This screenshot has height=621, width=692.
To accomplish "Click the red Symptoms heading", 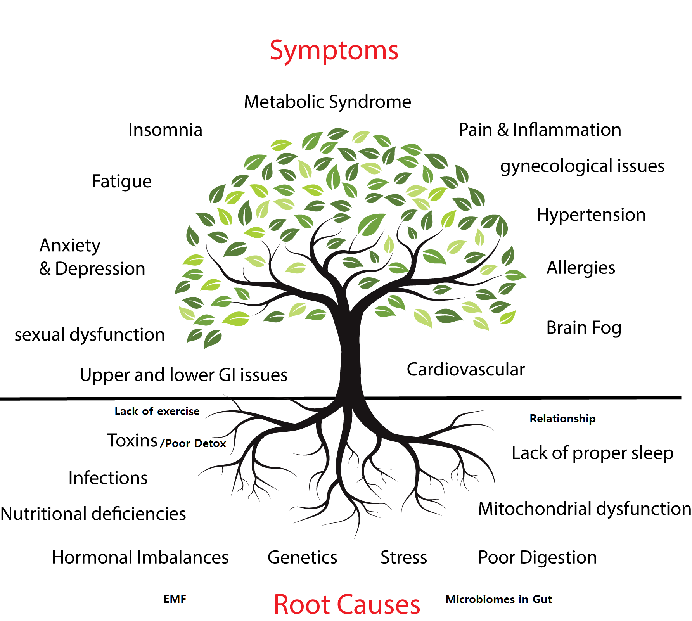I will tap(334, 50).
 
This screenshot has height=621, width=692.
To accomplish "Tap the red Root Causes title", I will tap(347, 604).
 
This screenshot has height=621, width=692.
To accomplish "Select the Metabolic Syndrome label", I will tap(327, 102).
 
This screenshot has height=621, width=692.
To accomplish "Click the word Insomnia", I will tap(165, 130).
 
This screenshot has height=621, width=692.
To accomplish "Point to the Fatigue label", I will tap(122, 182).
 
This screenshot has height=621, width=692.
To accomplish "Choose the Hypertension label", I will tap(591, 215).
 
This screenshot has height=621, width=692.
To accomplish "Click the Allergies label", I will tap(581, 268).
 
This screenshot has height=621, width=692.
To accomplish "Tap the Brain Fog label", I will tap(584, 328).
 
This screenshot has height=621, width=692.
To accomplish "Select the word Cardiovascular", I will tap(465, 369).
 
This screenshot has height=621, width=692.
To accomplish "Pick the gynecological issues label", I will tap(582, 166).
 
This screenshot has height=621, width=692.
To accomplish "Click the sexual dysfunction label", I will tap(90, 335).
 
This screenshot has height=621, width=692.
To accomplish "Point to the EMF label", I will tap(175, 599).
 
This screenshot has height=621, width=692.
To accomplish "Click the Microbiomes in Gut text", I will tap(498, 599).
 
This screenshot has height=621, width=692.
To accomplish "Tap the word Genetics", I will tap(302, 557).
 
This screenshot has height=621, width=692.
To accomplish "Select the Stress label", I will tap(403, 557).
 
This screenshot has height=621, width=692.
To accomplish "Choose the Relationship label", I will tap(562, 419).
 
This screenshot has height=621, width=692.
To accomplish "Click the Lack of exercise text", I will tap(157, 411).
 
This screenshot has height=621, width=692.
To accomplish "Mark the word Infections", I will tap(108, 478).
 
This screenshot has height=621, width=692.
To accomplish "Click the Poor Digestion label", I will tap(537, 557).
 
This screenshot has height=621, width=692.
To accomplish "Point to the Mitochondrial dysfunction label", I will tap(584, 509).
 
